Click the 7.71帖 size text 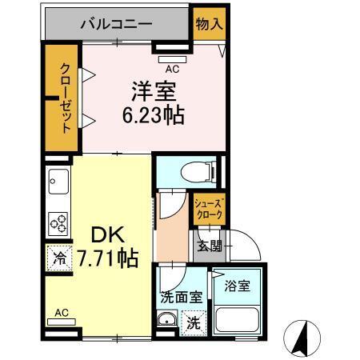(x=107, y=258)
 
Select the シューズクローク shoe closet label (x=210, y=210)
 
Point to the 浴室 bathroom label (x=237, y=286)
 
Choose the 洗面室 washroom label (x=181, y=295)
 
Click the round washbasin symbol (x=167, y=323)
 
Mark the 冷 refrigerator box (x=59, y=258)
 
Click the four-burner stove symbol (x=58, y=222)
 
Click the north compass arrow (x=302, y=336)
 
